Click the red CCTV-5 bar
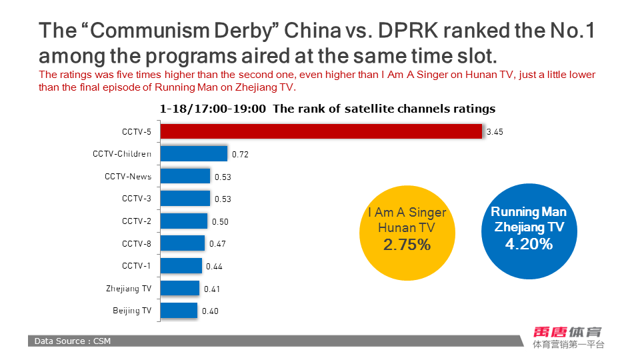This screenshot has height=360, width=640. tap(321, 131)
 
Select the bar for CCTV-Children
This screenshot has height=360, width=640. tap(194, 154)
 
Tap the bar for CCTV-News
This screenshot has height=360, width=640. tap(185, 176)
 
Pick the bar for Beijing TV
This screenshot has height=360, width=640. tap(179, 311)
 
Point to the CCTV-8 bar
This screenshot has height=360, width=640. tap(183, 243)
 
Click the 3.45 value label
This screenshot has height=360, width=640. tap(495, 132)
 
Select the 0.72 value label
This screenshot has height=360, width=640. tap(240, 155)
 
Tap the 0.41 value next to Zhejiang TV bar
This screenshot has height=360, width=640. tap(211, 289)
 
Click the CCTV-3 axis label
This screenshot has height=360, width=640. tap(137, 199)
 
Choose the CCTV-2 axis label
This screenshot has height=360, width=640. tap(137, 221)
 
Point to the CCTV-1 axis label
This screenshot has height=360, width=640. tap(137, 265)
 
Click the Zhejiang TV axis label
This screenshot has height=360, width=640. tap(129, 289)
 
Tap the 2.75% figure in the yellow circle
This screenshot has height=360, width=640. tap(407, 245)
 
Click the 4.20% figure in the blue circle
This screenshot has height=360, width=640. tap(529, 243)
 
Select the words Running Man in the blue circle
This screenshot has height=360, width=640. tap(529, 212)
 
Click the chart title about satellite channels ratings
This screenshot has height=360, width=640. tap(327, 109)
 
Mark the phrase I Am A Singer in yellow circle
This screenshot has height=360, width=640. tap(407, 213)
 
